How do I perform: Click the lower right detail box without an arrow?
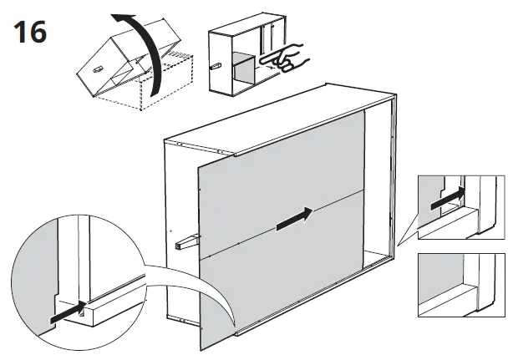pos(460,285)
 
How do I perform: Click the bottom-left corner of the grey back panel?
pos(201,350)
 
